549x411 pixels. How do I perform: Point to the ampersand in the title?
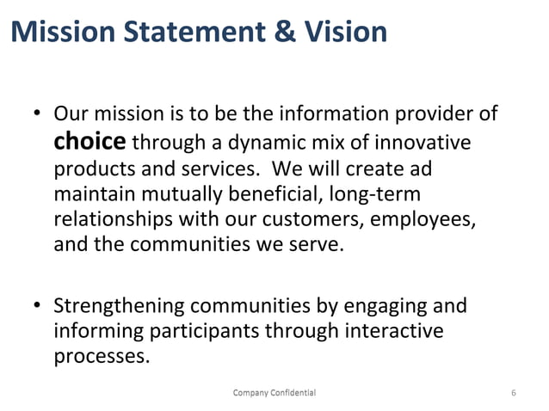coord(277,31)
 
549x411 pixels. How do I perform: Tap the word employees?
coord(429,219)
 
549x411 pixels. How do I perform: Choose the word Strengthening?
coord(122,305)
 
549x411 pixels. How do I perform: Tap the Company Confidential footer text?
coord(274,392)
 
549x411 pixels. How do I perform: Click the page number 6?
coord(514,393)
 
